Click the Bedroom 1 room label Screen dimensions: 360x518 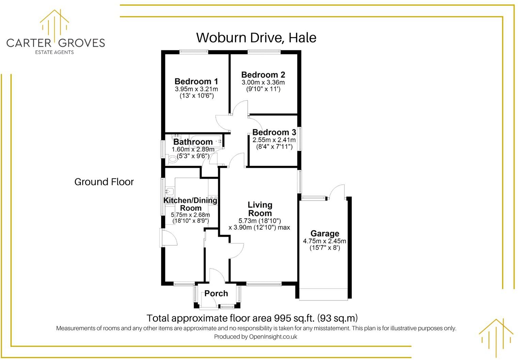click(x=196, y=82)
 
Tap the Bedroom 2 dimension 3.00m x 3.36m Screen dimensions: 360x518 click(x=263, y=82)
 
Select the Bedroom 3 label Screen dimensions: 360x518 click(x=274, y=132)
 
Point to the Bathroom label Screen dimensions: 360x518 click(x=193, y=142)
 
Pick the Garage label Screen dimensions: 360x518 click(x=325, y=234)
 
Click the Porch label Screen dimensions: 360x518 click(x=216, y=293)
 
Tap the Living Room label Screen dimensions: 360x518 click(x=260, y=209)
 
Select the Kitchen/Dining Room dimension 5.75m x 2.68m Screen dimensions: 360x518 click(x=190, y=215)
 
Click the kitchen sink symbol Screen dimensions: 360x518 click(x=169, y=192)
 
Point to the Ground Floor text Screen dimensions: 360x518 click(x=104, y=182)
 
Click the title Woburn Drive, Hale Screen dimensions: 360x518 click(x=256, y=37)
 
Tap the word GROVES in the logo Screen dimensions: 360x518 click(x=81, y=43)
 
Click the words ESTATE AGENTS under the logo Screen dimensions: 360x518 click(x=54, y=52)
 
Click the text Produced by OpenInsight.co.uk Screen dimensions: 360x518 click(x=256, y=337)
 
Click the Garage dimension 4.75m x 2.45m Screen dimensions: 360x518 click(x=324, y=241)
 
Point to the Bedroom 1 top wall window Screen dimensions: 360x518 click(x=194, y=52)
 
